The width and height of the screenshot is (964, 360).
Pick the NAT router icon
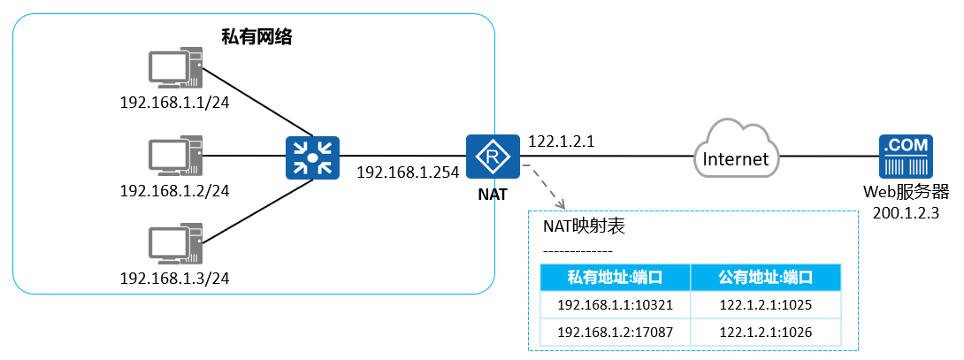tap(486, 157)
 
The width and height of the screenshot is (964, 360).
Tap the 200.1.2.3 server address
tap(904, 211)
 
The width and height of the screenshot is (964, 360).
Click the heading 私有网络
tap(256, 37)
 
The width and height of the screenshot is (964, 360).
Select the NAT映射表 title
tap(584, 227)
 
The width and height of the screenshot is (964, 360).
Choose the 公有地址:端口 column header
tap(766, 278)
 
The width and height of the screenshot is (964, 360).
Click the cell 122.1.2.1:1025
tap(766, 306)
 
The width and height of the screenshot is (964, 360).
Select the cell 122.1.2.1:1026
tap(766, 333)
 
